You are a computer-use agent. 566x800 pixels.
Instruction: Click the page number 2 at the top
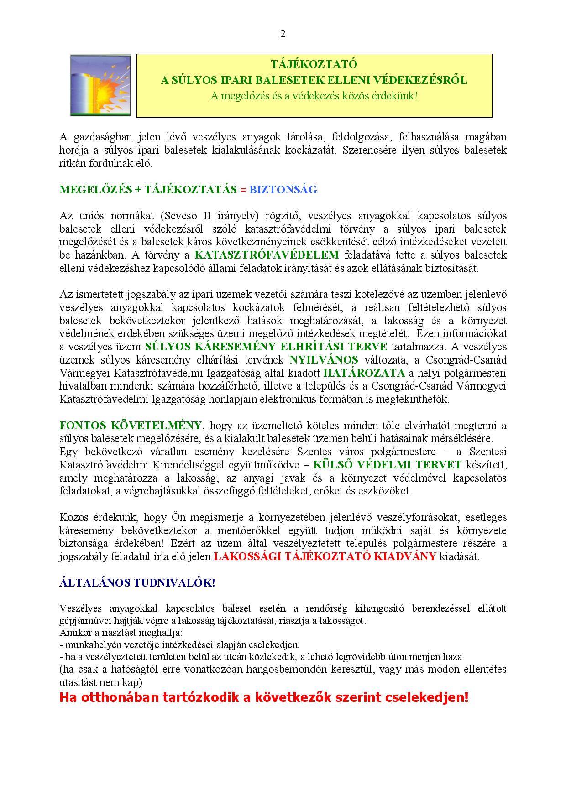tap(283, 34)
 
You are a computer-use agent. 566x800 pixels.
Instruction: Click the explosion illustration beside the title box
tap(100, 85)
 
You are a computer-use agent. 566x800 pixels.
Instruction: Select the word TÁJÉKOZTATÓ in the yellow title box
tap(314, 64)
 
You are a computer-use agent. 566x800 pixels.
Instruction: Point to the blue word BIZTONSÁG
tap(283, 190)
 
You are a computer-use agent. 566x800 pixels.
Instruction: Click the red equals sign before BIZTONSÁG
tap(243, 190)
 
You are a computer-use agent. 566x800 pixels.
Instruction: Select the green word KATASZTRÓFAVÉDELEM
tap(267, 255)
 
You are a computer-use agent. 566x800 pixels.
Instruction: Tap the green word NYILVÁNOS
tap(324, 360)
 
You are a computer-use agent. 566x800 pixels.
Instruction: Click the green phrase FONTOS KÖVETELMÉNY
tap(131, 426)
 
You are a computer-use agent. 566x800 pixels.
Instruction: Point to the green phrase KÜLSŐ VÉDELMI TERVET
tap(387, 465)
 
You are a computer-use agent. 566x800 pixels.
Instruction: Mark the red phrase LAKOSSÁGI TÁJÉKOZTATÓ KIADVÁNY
tap(325, 556)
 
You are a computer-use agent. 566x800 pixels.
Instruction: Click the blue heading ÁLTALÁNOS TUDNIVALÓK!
tap(137, 583)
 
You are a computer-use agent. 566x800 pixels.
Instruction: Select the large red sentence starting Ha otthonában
tap(264, 698)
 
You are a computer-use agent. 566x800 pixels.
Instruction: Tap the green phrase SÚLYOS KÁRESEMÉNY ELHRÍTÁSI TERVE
tap(266, 347)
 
